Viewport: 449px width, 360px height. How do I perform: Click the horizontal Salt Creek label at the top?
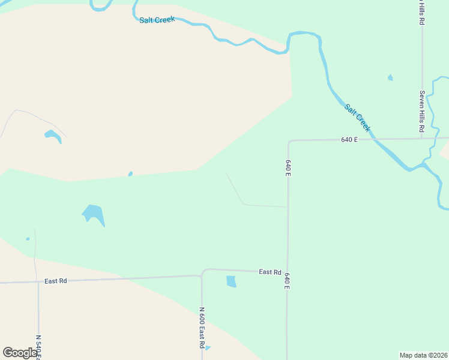click(x=157, y=20)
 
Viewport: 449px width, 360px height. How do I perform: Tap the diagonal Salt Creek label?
click(x=357, y=118)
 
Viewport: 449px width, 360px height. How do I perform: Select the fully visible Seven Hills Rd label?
click(x=422, y=112)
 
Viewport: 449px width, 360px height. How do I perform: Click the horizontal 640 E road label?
click(x=349, y=140)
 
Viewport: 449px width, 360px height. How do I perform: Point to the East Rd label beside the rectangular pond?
click(x=270, y=272)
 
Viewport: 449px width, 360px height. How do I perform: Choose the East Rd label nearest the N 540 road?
click(x=55, y=281)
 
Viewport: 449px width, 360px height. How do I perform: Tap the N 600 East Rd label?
click(x=202, y=328)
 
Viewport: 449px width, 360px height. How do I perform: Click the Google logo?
click(x=20, y=353)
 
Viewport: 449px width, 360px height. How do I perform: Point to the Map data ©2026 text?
click(x=423, y=355)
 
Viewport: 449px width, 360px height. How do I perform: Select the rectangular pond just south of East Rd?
click(x=231, y=281)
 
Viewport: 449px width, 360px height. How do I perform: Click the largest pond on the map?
click(x=93, y=214)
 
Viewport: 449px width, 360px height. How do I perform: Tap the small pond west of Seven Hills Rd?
click(x=390, y=77)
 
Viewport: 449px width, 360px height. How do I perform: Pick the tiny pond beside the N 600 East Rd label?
click(x=208, y=347)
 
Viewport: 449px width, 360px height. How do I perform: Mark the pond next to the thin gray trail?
click(x=53, y=136)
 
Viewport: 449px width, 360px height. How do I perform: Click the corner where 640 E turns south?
click(x=289, y=142)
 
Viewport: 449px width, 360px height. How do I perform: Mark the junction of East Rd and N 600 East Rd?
click(x=202, y=275)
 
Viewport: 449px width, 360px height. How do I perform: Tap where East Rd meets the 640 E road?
click(x=287, y=272)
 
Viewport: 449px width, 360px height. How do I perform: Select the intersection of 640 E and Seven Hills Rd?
click(x=421, y=138)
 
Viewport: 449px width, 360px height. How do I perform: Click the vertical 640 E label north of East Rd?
click(x=288, y=167)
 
